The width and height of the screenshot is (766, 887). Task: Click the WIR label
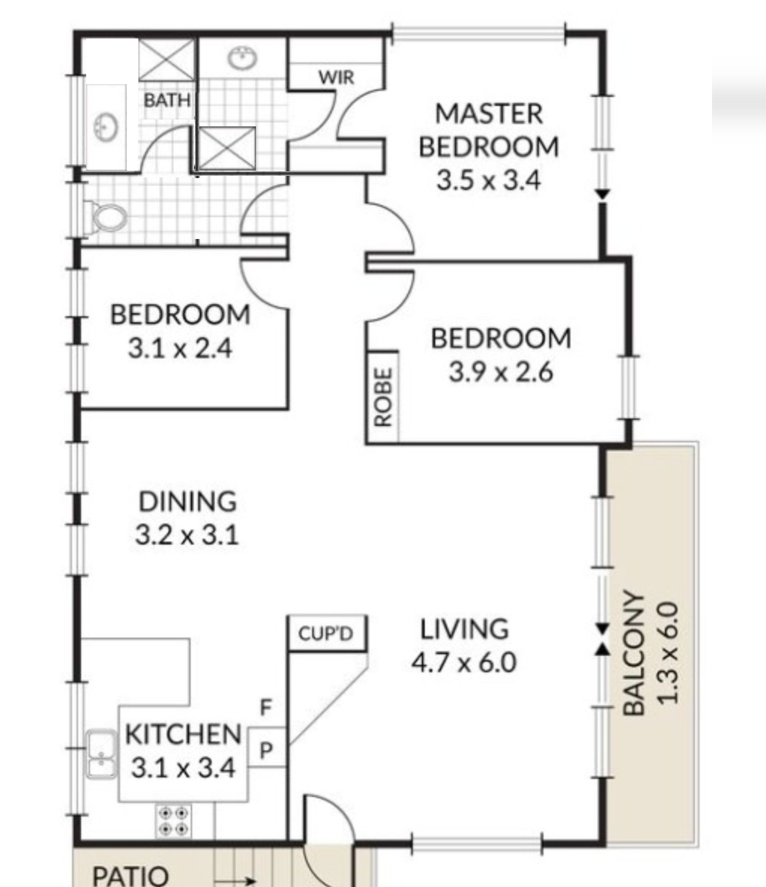click(336, 77)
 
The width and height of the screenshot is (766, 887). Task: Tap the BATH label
click(167, 101)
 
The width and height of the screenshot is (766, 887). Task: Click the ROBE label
click(383, 397)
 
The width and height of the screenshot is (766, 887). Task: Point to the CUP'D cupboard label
click(326, 634)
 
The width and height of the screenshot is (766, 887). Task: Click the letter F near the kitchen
click(266, 707)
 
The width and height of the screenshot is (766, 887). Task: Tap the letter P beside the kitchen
click(266, 750)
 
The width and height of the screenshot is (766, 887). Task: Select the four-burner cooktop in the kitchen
click(174, 820)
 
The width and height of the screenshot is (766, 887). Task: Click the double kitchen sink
click(102, 754)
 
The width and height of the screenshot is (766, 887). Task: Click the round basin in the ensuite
click(242, 58)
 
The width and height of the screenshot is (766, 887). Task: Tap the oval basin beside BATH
click(106, 128)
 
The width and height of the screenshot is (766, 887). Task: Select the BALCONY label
click(633, 653)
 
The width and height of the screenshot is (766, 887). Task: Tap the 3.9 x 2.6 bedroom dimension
click(501, 372)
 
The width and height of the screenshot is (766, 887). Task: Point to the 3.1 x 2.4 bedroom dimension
click(180, 348)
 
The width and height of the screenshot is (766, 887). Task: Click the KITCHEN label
click(183, 734)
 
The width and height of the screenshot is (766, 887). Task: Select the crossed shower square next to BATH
click(167, 60)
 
